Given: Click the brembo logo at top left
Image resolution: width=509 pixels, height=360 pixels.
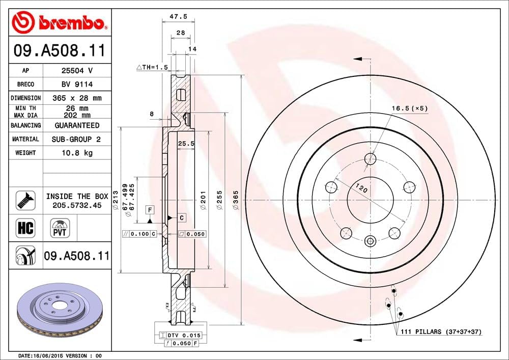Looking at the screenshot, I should coord(60,22).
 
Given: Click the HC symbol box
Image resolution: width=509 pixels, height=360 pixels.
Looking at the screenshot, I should coord(25,228).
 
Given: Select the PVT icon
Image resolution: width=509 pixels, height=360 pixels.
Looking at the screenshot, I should coord(60,228).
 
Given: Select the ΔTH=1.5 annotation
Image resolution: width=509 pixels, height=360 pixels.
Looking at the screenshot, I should coord(152,67).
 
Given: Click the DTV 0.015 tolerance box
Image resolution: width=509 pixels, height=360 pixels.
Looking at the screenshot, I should coord(181,335).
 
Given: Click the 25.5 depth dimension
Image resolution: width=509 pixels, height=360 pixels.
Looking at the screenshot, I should coord(186,144).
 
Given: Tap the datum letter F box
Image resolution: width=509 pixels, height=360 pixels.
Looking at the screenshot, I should coord(150,210).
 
